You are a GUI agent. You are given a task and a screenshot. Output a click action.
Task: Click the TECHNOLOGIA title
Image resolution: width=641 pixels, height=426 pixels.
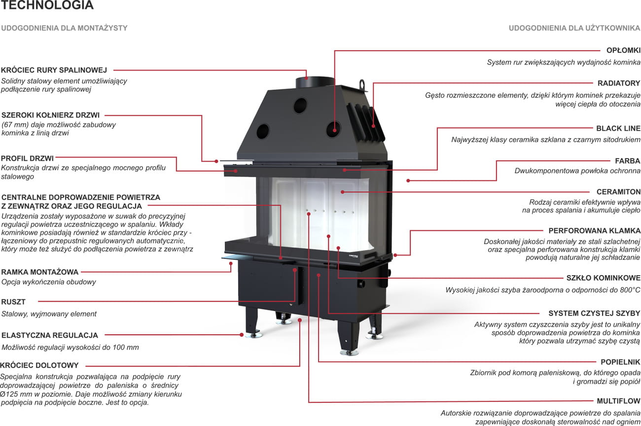pos(47,6)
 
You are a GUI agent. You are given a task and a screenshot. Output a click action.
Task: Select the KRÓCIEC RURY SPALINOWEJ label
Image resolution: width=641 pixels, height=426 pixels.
pos(54,70)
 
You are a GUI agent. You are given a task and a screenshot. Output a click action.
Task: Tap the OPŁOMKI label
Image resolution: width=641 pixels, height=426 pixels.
pos(623,50)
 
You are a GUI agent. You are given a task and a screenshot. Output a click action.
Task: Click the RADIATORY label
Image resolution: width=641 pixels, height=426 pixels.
pos(619,83)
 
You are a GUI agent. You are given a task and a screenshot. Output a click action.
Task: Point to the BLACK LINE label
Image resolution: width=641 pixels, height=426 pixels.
pos(618,128)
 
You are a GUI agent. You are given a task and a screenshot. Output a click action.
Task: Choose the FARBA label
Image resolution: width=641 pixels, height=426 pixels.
pos(627,161)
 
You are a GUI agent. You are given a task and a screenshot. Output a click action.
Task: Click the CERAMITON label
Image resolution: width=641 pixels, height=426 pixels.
pos(618,192)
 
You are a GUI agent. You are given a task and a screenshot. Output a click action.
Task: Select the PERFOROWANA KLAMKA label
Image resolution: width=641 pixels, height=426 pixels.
pos(594,230)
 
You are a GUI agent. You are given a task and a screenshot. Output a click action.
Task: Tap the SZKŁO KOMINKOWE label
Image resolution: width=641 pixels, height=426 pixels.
pos(603,278)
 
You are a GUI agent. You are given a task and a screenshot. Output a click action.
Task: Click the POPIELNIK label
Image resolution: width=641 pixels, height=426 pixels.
pos(620,362)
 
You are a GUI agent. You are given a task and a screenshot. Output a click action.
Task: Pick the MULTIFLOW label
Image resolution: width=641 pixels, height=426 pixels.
pos(618,401)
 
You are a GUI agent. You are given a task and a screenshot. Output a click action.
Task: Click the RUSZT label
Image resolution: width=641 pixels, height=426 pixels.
pos(13,302)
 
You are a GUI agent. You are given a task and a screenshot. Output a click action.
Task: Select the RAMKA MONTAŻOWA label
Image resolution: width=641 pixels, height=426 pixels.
pos(40,272)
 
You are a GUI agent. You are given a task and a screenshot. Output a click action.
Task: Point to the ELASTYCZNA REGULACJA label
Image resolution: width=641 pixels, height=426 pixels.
pos(50,335)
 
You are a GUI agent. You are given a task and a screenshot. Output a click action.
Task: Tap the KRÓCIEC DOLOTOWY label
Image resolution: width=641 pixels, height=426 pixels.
pos(39,365)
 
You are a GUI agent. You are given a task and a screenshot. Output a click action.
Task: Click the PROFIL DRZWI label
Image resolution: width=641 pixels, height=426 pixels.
pos(28,158)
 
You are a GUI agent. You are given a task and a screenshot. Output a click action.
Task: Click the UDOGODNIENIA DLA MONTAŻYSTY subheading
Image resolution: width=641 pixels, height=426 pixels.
pos(64,28)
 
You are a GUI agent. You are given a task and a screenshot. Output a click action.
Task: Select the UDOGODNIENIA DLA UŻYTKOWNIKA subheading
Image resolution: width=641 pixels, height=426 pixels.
pos(574,28)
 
